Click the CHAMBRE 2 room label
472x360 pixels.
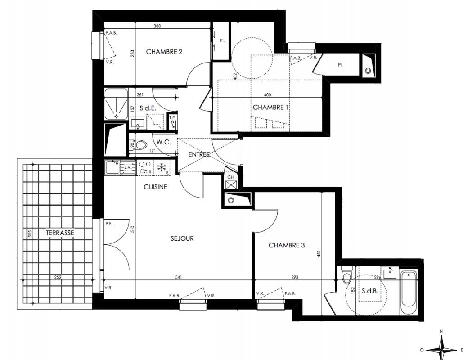click(x=164, y=52)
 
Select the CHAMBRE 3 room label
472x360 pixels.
click(x=287, y=245)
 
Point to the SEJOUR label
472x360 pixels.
click(x=182, y=238)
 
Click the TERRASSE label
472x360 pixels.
click(x=60, y=233)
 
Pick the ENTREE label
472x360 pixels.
click(x=199, y=155)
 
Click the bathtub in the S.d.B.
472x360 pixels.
click(x=409, y=288)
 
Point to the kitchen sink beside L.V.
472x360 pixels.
click(x=112, y=167)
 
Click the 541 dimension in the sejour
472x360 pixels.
click(x=179, y=277)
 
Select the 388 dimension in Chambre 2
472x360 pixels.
click(x=157, y=26)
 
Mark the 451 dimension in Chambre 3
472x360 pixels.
click(x=319, y=253)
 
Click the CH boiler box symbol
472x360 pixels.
click(x=230, y=184)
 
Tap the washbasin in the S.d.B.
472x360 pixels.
click(x=390, y=274)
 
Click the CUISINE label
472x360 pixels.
click(x=155, y=187)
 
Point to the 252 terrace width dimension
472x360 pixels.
click(x=58, y=277)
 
